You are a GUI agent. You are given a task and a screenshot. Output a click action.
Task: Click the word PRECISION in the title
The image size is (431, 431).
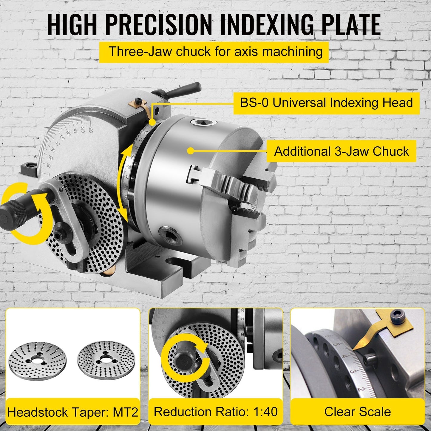[x=158, y=24]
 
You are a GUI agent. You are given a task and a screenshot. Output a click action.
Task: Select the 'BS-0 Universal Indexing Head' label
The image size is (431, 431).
[x=326, y=103]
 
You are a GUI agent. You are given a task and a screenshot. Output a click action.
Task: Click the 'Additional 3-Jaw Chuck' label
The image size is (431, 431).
[x=341, y=151]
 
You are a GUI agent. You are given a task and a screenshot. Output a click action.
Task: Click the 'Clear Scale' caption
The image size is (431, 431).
[x=357, y=412]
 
